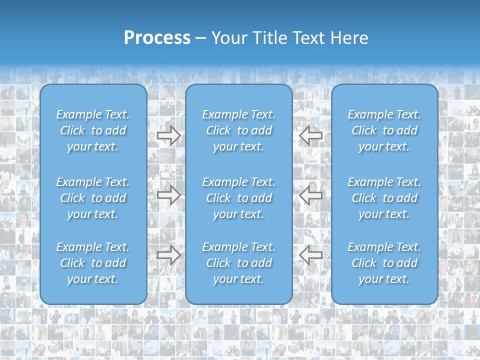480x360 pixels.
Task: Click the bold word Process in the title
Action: pyautogui.click(x=157, y=38)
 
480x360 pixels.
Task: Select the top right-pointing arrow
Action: pyautogui.click(x=168, y=135)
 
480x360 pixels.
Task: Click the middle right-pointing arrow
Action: pyautogui.click(x=168, y=195)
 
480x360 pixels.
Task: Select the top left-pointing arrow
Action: pyautogui.click(x=311, y=135)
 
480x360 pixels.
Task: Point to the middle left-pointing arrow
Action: pyautogui.click(x=311, y=195)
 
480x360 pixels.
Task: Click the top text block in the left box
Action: pyautogui.click(x=93, y=130)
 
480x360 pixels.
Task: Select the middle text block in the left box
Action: pyautogui.click(x=93, y=198)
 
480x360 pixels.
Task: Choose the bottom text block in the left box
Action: pyautogui.click(x=93, y=263)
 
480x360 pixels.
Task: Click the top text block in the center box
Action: pyautogui.click(x=239, y=130)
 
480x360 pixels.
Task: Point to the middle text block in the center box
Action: pyautogui.click(x=239, y=198)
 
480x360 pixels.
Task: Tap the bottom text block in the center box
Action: pyautogui.click(x=239, y=263)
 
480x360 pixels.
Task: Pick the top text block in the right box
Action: pyautogui.click(x=384, y=130)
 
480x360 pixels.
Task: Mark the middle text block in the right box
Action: pyautogui.click(x=384, y=198)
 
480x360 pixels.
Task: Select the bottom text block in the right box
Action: pyautogui.click(x=384, y=263)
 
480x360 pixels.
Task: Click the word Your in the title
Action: pyautogui.click(x=228, y=38)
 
